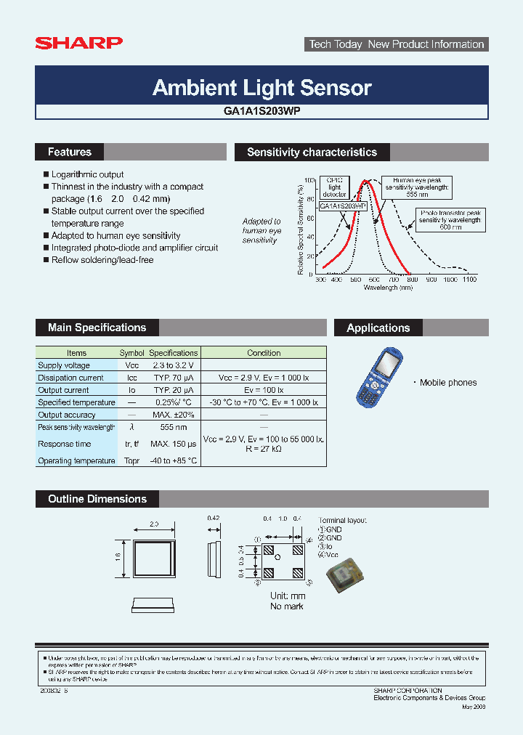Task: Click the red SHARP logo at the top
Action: pyautogui.click(x=78, y=44)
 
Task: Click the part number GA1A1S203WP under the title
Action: pyautogui.click(x=262, y=112)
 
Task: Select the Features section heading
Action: pyautogui.click(x=70, y=152)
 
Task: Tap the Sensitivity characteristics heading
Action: pyautogui.click(x=312, y=152)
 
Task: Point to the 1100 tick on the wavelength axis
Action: pyautogui.click(x=469, y=280)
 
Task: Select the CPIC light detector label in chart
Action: pyautogui.click(x=335, y=187)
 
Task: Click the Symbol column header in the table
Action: pyautogui.click(x=131, y=353)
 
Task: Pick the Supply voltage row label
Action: pyautogui.click(x=64, y=365)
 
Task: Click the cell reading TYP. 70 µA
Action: pyautogui.click(x=173, y=378)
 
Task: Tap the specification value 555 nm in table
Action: pyautogui.click(x=173, y=427)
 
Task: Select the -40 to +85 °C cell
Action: pyautogui.click(x=173, y=460)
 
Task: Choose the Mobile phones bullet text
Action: pyautogui.click(x=448, y=383)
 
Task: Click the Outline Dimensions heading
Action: pyautogui.click(x=97, y=499)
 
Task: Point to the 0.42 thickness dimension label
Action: pyautogui.click(x=213, y=519)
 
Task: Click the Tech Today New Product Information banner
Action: pyautogui.click(x=396, y=44)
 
